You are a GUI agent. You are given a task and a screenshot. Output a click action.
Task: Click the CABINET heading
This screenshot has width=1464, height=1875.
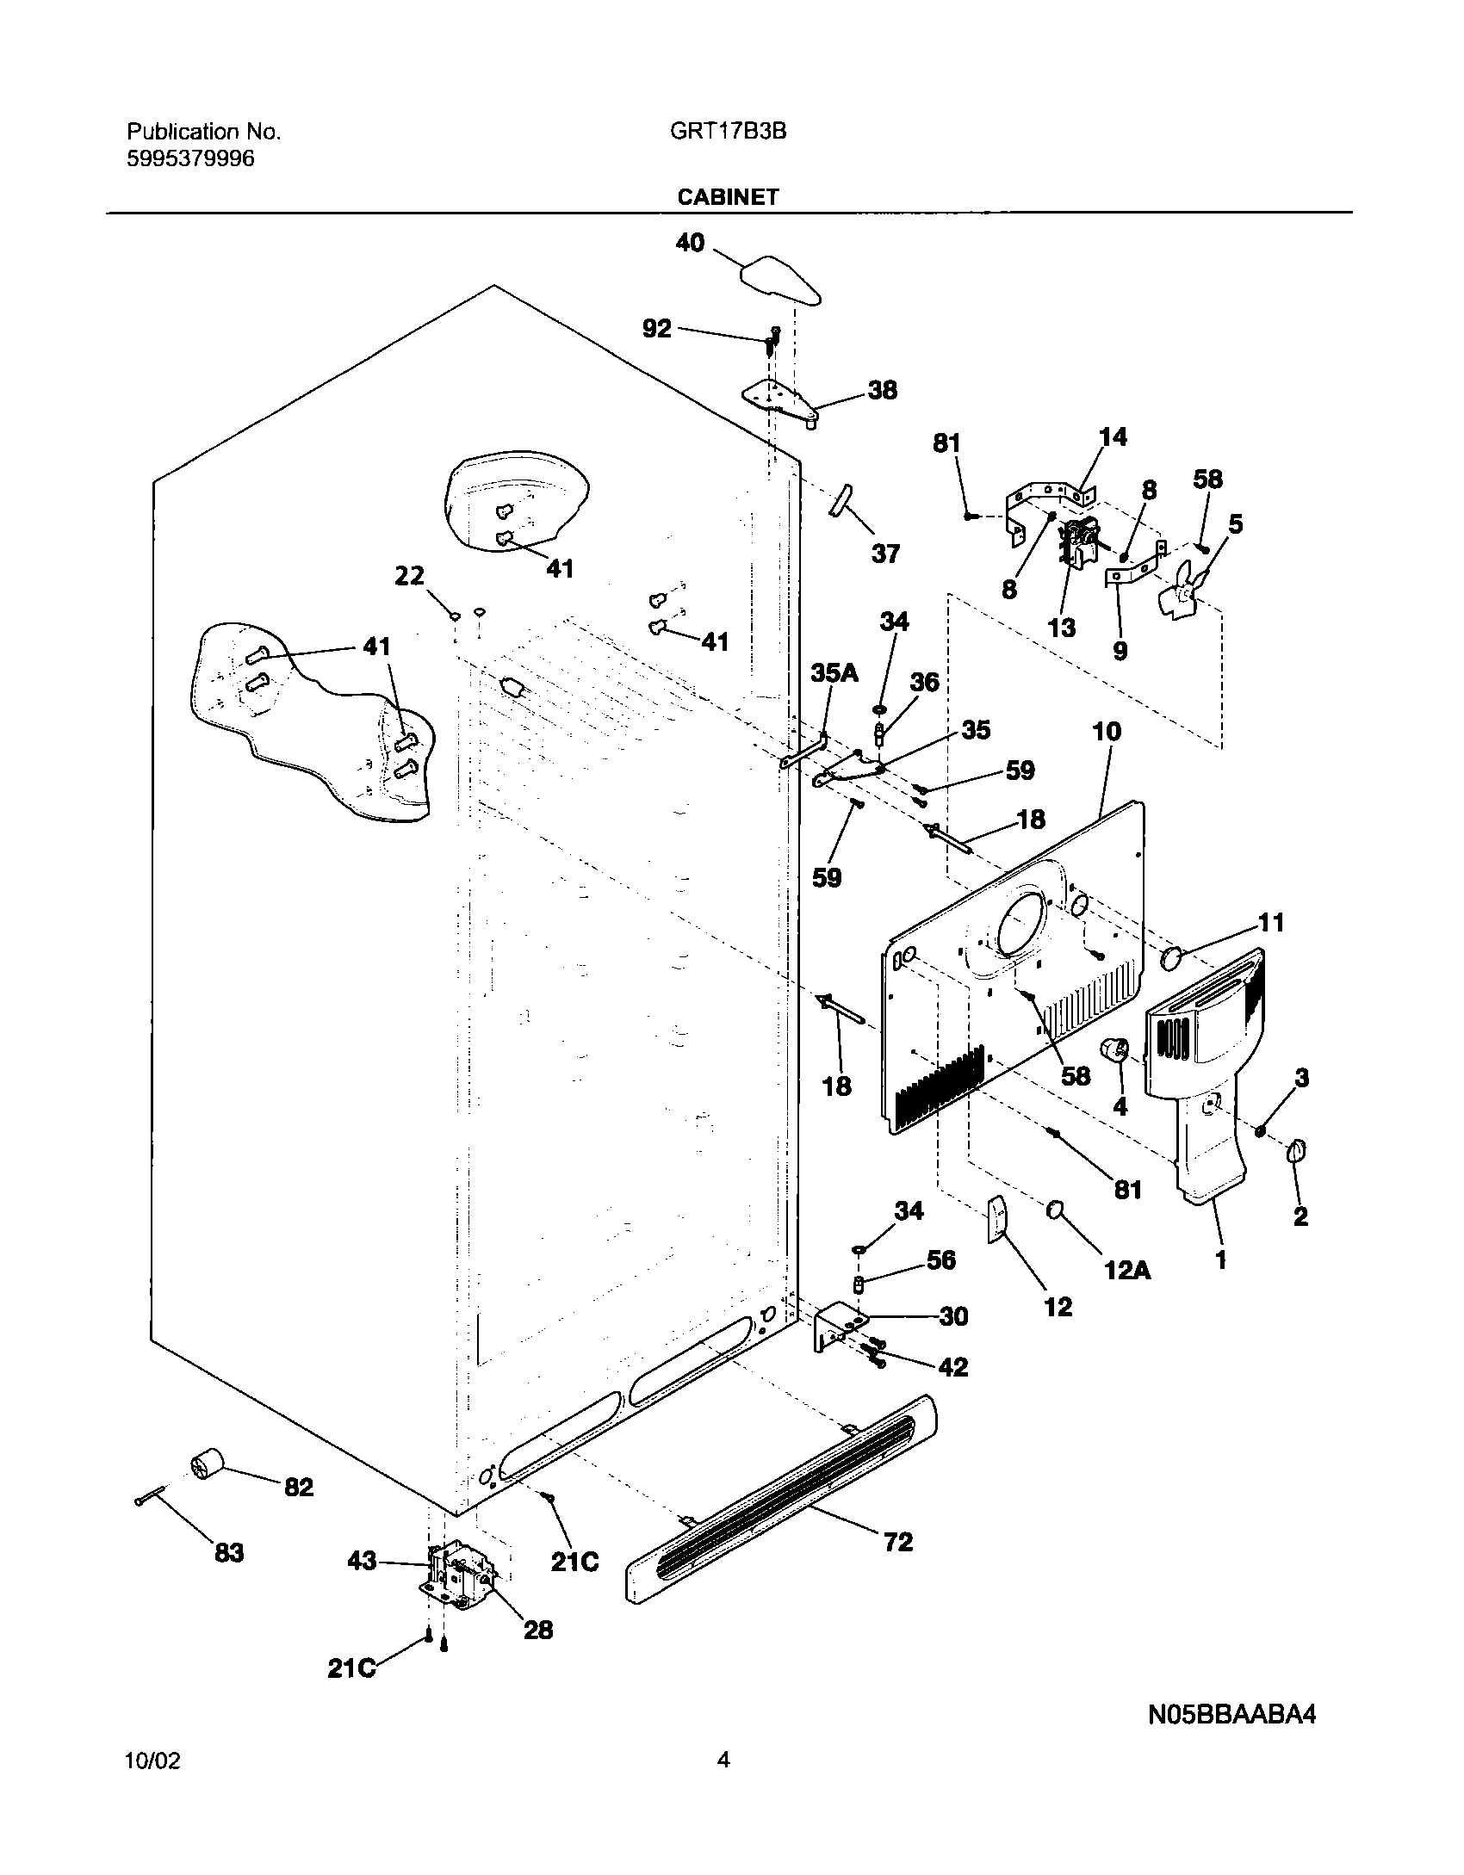coord(728,197)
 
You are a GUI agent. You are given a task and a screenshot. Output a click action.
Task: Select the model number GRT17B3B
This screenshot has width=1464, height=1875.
coord(727,132)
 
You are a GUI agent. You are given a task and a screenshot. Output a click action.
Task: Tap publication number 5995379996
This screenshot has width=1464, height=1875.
coord(190,159)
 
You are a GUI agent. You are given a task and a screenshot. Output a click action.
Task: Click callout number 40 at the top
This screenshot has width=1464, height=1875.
coord(690,244)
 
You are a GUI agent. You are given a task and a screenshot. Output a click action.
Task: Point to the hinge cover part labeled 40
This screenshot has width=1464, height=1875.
coord(779,281)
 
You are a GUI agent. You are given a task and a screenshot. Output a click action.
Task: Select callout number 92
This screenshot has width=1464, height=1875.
coord(657,329)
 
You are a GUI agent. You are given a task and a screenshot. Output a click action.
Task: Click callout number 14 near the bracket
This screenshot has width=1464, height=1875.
coord(1113,437)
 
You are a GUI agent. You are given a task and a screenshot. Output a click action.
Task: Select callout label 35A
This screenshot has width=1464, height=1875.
coord(834,673)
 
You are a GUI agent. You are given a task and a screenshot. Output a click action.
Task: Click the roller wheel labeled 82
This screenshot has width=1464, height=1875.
coord(206,1464)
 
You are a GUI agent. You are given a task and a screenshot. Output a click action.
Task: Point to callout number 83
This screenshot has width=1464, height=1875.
coord(229,1554)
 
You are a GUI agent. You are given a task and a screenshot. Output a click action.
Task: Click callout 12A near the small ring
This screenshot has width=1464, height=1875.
coord(1127,1271)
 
